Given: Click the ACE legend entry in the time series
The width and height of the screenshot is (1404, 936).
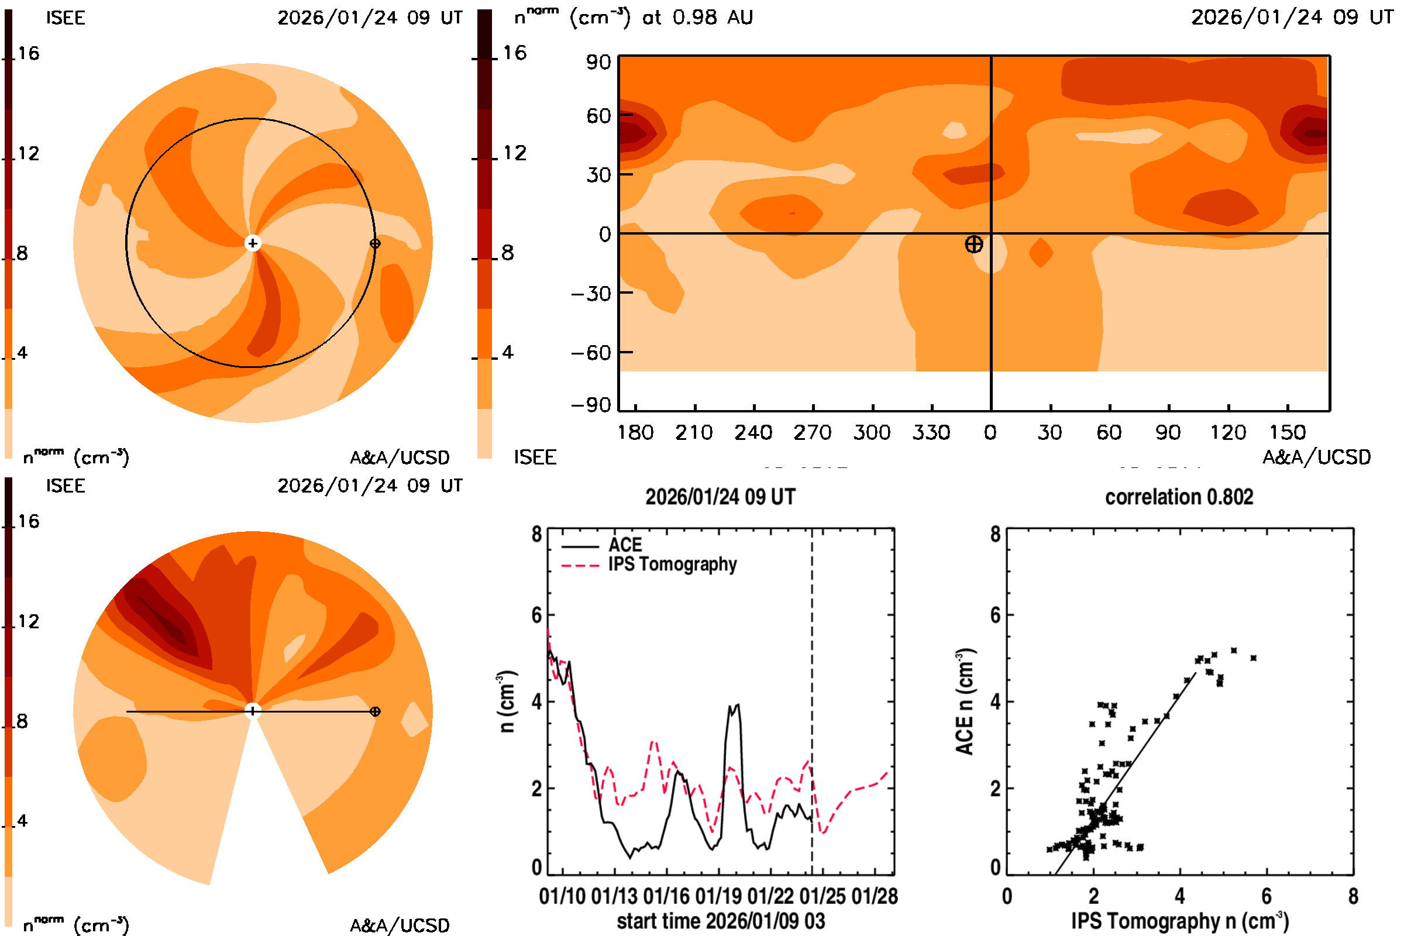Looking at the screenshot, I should coord(624,545).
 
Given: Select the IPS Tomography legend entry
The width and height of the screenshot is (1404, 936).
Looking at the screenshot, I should coord(672,565).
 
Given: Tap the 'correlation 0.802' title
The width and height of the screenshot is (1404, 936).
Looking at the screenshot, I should coord(1179,497).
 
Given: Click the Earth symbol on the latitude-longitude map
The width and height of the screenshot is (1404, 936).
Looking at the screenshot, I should coord(973,244).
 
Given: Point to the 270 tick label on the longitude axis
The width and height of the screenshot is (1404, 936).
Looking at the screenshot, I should coord(812,432).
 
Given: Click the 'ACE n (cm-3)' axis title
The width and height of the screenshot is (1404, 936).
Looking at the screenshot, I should coord(965,701).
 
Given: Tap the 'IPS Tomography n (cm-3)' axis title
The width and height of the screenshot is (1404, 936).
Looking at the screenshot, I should coord(1179,921).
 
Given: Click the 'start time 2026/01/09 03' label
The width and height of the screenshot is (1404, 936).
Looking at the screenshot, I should coord(721,921).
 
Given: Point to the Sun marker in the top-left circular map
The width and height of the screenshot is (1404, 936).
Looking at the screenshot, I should coord(253,243).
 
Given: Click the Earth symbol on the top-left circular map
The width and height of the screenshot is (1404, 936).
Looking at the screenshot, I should coord(375,243).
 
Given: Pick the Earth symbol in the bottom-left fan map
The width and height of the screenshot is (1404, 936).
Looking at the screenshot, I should coord(375,711).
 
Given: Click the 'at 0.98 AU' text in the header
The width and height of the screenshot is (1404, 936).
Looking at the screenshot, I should coord(697,18).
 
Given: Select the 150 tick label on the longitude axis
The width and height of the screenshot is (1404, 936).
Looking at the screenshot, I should coord(1287,432).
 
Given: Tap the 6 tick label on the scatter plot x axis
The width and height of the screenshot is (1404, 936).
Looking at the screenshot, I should coord(1266,896).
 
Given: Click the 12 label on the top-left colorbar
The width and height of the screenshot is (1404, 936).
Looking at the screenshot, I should coord(28,153).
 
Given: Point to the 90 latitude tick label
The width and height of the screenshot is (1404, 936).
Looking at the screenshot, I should coord(598,62).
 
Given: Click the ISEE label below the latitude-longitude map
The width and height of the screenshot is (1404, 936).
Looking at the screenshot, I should coord(535,457).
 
